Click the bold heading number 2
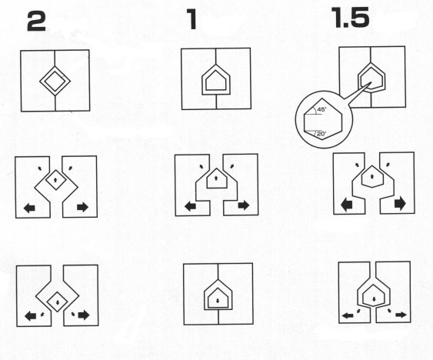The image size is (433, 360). coord(36,22)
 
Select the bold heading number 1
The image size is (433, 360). coord(192,18)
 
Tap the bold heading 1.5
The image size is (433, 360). coord(351,18)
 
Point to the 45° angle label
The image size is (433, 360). coord(321,109)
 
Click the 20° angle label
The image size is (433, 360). coord(321,135)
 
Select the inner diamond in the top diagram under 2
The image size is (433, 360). coord(55,82)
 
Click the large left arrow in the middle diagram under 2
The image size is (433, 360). coord(29,208)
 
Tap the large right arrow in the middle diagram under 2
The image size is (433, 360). coord(82,207)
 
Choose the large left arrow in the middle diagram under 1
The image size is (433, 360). coord(190,206)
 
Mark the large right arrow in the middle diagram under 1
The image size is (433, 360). coord(243,205)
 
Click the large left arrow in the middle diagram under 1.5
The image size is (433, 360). coord(347,205)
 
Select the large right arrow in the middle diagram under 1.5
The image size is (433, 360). coord(400,204)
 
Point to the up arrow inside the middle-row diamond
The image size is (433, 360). coord(55,179)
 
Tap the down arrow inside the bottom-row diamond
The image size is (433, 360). coord(58,302)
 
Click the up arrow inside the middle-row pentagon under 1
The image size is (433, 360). coord(215,178)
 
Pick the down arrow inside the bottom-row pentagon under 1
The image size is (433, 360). coord(218,301)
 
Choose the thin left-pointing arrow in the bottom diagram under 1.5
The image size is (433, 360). coord(348,315)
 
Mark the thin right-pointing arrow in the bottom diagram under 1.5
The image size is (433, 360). coord(401,315)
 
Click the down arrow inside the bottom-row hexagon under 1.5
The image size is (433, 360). coord(374,298)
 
